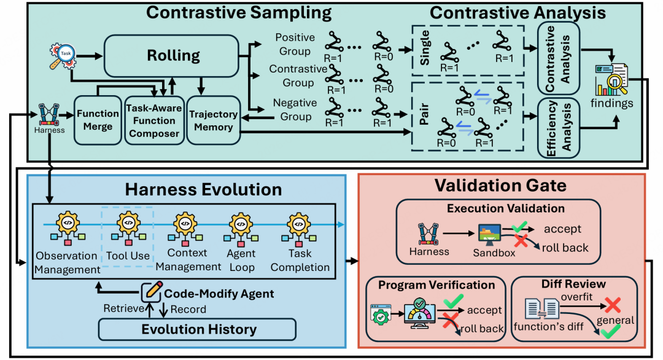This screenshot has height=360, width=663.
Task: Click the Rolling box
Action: coord(171,56)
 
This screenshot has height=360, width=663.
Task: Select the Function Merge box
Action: coord(98,120)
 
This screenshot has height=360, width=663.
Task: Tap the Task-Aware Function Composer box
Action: coord(154,120)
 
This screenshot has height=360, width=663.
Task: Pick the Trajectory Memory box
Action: coord(214,120)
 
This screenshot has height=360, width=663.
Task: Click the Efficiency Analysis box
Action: coord(558,128)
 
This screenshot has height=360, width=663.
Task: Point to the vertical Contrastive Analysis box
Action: coord(558,58)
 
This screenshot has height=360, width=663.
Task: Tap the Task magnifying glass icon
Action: coord(63,56)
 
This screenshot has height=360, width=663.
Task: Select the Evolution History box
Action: coord(197,329)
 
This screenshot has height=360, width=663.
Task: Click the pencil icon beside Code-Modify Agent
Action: coord(152,291)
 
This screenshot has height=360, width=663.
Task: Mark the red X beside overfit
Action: coord(612,305)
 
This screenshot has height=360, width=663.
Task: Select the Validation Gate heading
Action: coord(501,186)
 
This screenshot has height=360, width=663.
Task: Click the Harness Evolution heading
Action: coord(203,189)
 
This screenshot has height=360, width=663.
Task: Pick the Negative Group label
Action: coord(295,109)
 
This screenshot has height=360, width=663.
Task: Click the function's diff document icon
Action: coord(542,308)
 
